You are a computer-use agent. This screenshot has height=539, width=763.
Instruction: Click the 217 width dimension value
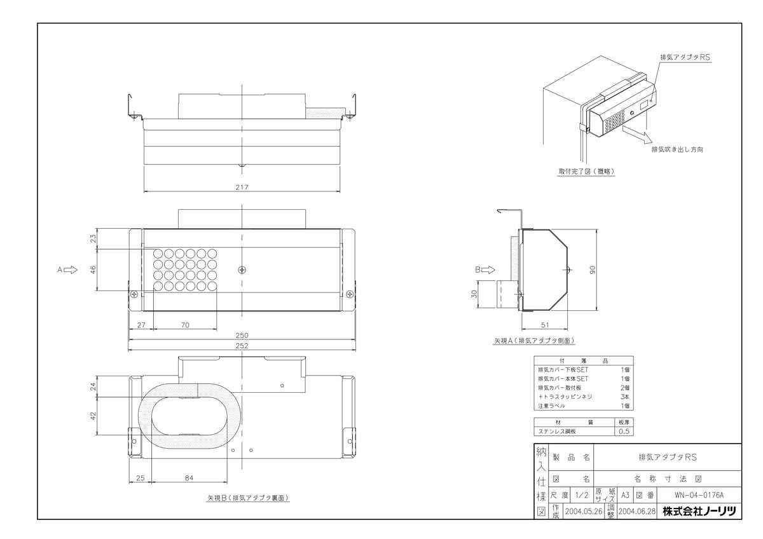[x=242, y=187]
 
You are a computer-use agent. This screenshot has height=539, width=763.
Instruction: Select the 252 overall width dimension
[x=242, y=346]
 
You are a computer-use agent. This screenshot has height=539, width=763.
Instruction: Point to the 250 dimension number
[x=242, y=335]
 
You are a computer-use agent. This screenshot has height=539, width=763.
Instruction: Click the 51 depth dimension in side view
[x=545, y=324]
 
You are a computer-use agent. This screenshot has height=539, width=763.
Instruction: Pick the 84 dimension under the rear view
[x=189, y=477]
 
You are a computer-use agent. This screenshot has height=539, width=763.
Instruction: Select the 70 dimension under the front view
[x=185, y=325]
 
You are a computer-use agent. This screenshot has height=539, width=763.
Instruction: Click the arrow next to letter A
[x=71, y=269]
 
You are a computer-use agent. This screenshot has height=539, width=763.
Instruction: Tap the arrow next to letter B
[x=488, y=269]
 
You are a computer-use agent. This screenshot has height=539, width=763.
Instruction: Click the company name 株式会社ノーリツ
[x=699, y=511]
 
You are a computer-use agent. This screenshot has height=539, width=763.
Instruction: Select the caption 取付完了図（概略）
[x=586, y=171]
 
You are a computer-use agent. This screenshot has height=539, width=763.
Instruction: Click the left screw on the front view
[x=134, y=294]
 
